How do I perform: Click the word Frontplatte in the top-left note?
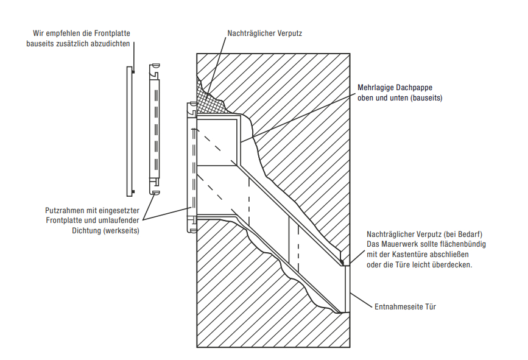[x=112, y=34]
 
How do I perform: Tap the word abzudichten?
[x=111, y=43]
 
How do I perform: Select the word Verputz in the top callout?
[x=290, y=34]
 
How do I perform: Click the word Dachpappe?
[x=414, y=88]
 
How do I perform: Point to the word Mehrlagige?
[x=375, y=88]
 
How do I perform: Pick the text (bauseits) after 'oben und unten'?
[x=427, y=97]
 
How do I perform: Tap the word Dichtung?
[x=86, y=231]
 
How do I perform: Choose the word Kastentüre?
[x=415, y=254]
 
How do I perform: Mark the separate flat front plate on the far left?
[x=130, y=132]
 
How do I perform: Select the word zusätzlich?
[x=75, y=43]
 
